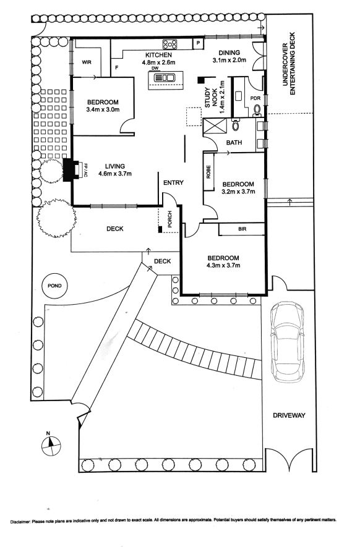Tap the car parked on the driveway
287,342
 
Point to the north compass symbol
51,445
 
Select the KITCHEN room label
158,55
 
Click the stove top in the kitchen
169,44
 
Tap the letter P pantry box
199,43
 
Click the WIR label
87,62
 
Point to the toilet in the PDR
257,110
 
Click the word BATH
234,142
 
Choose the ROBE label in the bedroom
208,172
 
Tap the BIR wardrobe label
242,229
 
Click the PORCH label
169,219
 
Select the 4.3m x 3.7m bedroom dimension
223,266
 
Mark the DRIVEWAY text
289,415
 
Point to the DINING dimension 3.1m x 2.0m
229,60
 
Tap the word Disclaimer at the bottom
20,522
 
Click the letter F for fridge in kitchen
117,68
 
